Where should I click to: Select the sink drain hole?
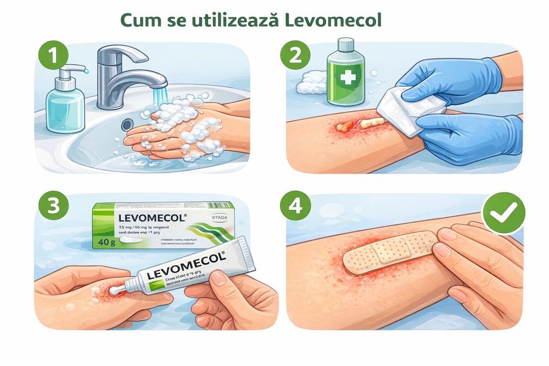pos(127,125)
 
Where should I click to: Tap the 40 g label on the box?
pos(105,241)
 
